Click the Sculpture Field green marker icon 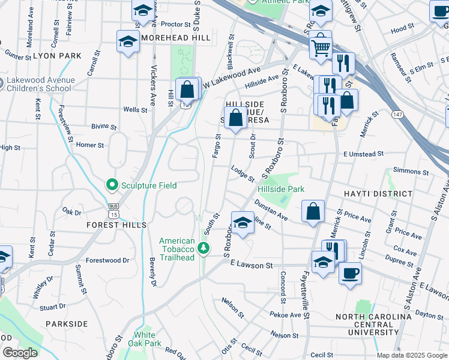(111, 185)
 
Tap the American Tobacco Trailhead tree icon (203, 248)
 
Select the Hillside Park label (281, 189)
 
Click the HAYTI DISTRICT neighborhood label (378, 194)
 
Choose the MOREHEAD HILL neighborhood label (176, 38)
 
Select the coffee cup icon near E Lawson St (350, 272)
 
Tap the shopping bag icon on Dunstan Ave (313, 211)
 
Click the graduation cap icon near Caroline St (241, 223)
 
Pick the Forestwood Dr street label (107, 260)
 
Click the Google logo (20, 353)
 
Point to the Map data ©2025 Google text (411, 355)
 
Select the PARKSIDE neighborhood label (67, 324)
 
